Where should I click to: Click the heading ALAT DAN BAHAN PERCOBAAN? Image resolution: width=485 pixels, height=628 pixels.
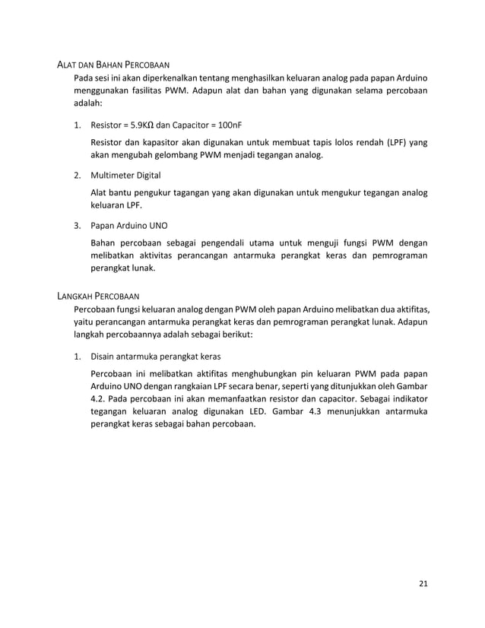(x=114, y=65)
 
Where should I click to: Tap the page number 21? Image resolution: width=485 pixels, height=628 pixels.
(x=423, y=584)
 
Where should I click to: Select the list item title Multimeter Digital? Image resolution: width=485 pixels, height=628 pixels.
(x=125, y=175)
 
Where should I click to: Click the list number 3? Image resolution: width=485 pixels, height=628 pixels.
(x=77, y=226)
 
